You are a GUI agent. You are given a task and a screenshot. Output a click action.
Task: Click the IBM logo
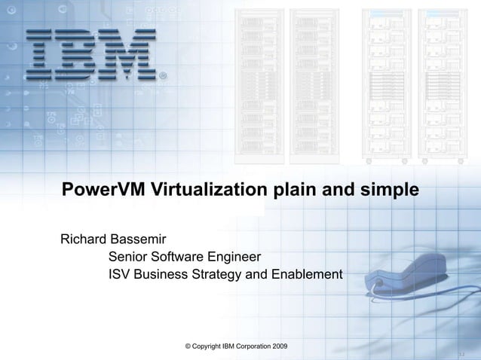91,54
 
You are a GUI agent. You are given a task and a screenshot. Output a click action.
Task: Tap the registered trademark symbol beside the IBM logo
164,76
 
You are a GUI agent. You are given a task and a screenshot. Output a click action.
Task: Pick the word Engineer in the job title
229,258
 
